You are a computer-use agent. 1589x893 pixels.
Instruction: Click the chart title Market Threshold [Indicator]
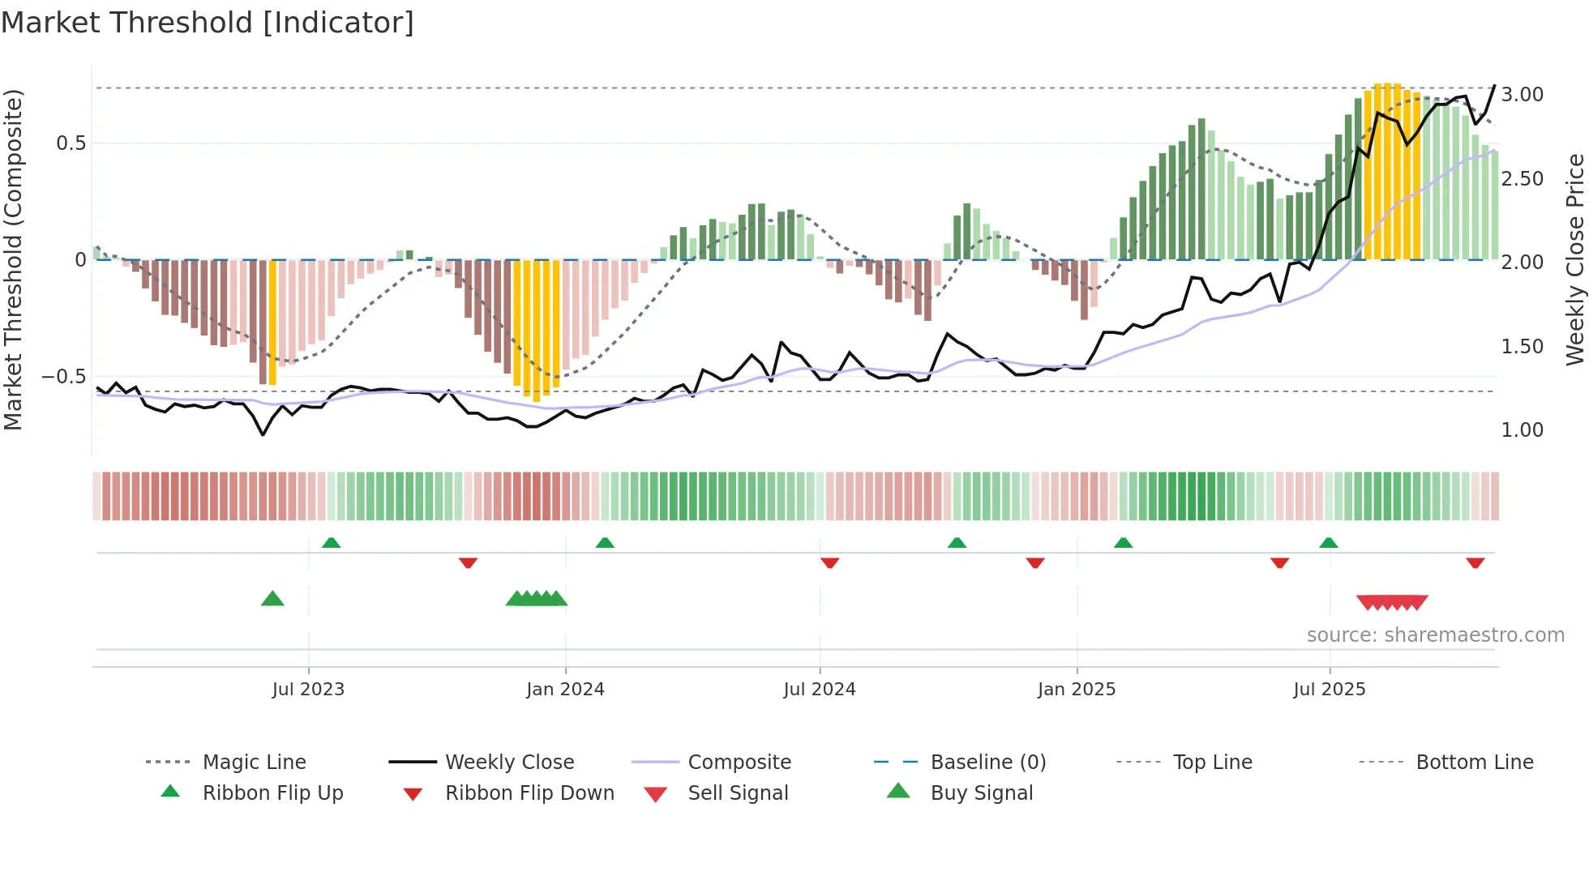click(208, 23)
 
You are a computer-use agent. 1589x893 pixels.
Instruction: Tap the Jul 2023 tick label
click(308, 690)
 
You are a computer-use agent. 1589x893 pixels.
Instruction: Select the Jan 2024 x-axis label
click(565, 690)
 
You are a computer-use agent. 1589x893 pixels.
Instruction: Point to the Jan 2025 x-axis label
click(1077, 690)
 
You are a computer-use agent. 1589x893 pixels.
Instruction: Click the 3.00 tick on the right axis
click(1522, 95)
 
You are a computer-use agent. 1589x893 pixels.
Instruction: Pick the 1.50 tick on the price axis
click(1522, 347)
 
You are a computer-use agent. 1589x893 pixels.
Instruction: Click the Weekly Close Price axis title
click(1574, 259)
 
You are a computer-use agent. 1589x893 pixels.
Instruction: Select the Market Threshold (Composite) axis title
click(13, 259)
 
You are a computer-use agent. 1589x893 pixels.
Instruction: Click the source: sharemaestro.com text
click(1435, 635)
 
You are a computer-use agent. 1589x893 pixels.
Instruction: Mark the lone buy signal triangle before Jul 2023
click(272, 599)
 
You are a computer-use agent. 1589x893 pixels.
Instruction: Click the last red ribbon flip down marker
click(1475, 562)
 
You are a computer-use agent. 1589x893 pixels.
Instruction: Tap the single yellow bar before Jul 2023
click(272, 323)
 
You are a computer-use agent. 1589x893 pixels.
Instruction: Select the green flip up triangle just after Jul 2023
click(331, 542)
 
